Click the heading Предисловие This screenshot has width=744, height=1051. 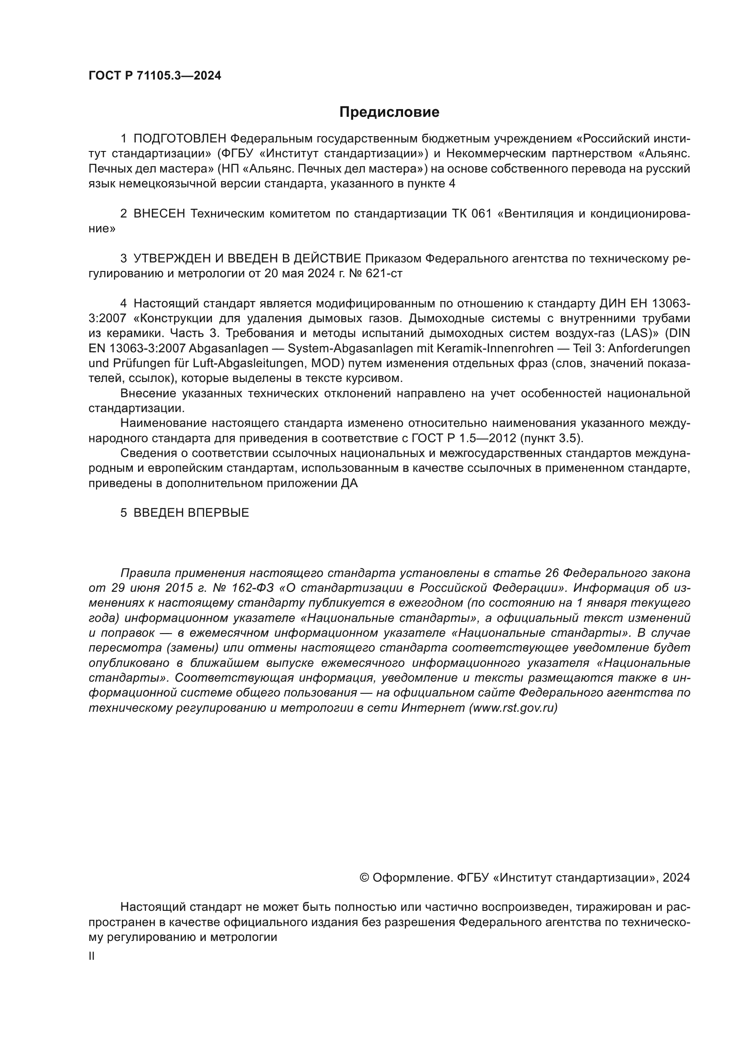(x=389, y=112)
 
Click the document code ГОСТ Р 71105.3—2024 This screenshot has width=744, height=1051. (x=155, y=76)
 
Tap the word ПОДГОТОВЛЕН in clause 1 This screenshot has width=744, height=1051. (x=179, y=139)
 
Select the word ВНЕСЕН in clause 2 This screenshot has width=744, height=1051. (x=159, y=214)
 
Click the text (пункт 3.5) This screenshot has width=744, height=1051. (x=551, y=439)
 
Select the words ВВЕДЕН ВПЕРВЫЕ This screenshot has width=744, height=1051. (x=191, y=513)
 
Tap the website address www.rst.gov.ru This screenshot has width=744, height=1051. (x=513, y=708)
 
